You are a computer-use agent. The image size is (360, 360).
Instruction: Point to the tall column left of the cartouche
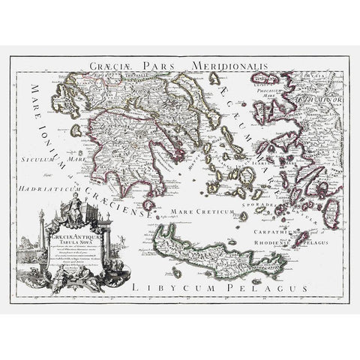[42, 240]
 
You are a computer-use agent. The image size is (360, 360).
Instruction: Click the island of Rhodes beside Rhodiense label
[300, 239]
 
